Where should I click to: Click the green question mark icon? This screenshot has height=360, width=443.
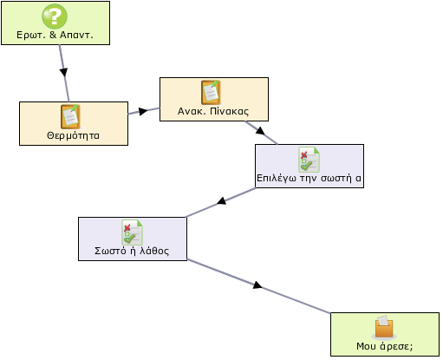point(55,16)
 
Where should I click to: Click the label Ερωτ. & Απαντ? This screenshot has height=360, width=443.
point(55,35)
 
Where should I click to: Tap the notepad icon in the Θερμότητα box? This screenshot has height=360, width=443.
point(70,117)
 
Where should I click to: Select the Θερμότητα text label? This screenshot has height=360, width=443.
point(73,135)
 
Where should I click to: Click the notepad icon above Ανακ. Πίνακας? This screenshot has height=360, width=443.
point(212,93)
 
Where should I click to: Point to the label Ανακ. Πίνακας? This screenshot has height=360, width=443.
point(213,111)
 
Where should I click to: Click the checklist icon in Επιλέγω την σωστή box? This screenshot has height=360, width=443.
point(309,160)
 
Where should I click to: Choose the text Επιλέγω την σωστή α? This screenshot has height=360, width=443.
point(309,178)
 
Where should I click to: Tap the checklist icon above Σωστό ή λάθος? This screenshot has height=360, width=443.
point(132,232)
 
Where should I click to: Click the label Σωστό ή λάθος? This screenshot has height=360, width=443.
point(132,251)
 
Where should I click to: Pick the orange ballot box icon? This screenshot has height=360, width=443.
point(384,327)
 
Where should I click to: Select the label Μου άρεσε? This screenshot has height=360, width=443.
point(385,346)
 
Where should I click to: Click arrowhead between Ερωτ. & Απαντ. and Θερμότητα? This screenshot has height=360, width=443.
point(63,72)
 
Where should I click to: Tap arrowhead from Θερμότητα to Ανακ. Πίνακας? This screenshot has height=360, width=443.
point(143,111)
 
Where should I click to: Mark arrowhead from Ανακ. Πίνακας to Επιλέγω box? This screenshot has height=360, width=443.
point(260,131)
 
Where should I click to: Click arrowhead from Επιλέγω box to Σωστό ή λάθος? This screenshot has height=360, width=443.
point(222,200)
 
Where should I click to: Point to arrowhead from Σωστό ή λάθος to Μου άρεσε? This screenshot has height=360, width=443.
point(257,285)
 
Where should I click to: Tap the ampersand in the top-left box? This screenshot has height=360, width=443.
point(53,35)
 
